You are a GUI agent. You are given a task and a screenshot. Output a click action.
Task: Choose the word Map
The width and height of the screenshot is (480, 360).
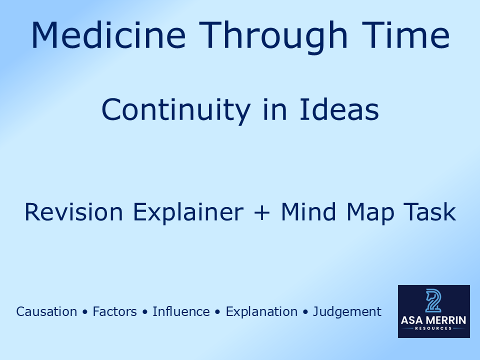coord(373,212)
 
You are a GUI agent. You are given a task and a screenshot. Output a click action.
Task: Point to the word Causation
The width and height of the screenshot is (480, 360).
coord(46,311)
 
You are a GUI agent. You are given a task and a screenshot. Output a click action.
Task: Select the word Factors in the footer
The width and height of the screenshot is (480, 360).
coord(114,311)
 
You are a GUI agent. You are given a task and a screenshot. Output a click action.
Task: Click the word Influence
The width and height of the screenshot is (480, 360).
coord(181,311)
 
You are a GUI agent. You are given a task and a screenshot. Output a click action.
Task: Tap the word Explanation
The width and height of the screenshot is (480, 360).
coord(261,311)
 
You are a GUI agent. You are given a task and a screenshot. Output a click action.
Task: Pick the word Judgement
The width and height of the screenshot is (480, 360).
coord(347,311)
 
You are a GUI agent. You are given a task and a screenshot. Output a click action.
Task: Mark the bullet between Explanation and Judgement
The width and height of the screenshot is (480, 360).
coord(305,312)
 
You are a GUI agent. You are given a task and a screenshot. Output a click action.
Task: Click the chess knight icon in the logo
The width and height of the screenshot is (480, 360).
coord(433,300)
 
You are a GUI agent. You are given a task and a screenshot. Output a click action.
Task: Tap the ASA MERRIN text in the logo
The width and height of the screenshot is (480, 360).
coord(433,320)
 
